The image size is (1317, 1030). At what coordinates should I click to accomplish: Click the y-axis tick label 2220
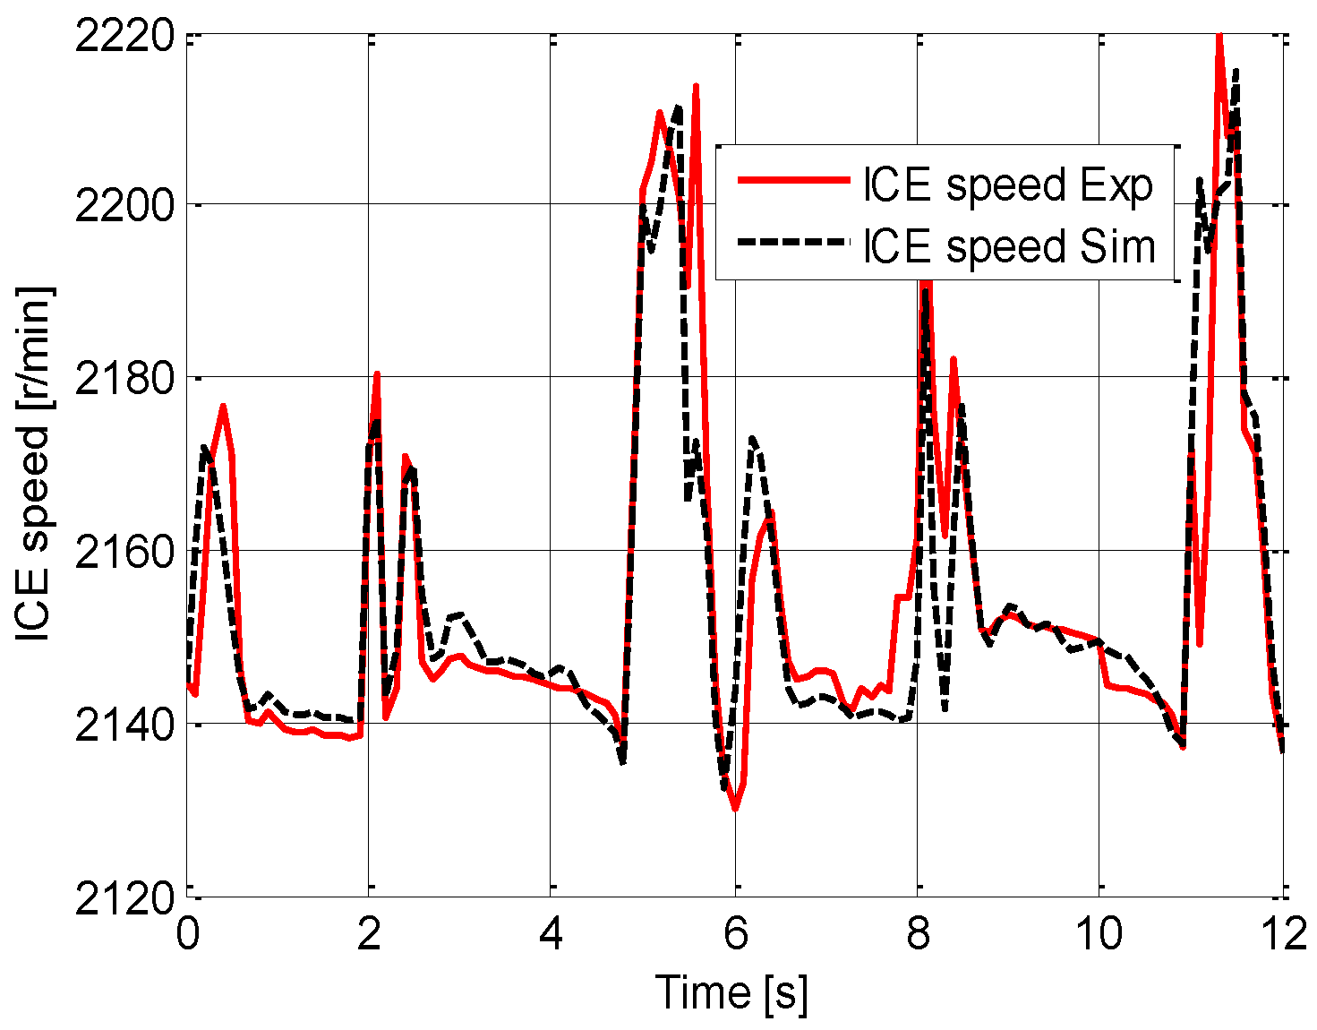pos(123,39)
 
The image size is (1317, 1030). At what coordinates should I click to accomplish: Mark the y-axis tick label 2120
pos(123,897)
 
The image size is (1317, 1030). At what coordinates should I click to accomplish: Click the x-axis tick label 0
pos(187,934)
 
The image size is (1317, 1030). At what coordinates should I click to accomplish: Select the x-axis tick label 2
pos(369,934)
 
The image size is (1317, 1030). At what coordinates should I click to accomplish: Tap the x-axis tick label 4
pos(552,934)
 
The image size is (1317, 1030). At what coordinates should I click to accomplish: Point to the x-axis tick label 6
pos(735,934)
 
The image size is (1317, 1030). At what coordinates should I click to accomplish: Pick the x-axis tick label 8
pos(918,934)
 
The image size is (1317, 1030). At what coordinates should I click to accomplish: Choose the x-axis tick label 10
pos(1099,934)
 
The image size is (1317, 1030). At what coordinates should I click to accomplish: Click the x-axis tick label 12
pos(1281,934)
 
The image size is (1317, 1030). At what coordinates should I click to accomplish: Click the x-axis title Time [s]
pos(731,992)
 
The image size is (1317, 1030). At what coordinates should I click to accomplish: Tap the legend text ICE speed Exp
pos(1008,185)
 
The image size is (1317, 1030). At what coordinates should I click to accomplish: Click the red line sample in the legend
pos(792,181)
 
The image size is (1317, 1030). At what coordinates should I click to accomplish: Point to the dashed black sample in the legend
pos(792,242)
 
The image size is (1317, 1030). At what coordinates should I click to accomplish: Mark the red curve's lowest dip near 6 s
pos(735,809)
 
